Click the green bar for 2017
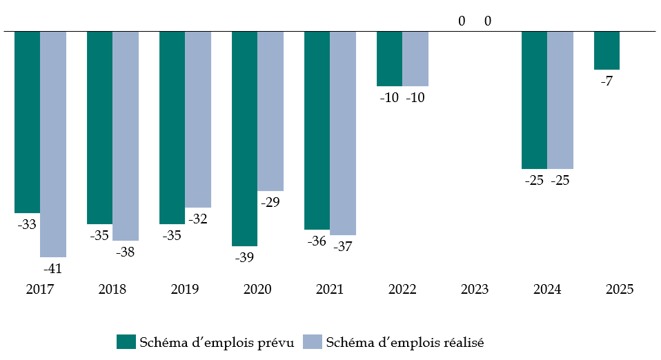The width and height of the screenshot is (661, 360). coord(27,121)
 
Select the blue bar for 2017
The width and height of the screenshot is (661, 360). coord(53,143)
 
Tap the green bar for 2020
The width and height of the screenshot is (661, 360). coord(244,138)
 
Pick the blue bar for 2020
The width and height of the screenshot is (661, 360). coord(270,110)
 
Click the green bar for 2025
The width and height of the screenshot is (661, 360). coord(606,50)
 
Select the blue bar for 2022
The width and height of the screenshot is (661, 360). coord(415,59)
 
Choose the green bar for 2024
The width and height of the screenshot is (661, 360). coord(534,100)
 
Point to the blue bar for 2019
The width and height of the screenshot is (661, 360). coord(198,119)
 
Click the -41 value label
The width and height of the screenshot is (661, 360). coord(53,268)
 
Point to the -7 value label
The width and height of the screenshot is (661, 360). coord(606,81)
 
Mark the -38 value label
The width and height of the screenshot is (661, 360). coord(126,252)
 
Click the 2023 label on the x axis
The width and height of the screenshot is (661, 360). coord(475,290)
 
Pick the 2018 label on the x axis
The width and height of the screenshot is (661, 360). coord(112,290)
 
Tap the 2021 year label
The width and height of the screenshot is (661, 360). coord(330,290)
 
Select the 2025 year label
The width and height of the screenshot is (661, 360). coord(620,290)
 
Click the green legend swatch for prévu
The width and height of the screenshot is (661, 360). coord(126,341)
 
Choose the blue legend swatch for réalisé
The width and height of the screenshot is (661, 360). coord(313,341)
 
